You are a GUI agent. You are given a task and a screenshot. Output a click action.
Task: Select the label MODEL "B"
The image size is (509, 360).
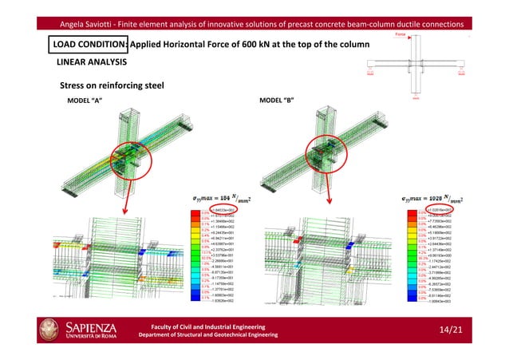tap(278, 101)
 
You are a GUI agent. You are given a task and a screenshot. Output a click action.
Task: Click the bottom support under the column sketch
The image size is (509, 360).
tap(416, 98)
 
